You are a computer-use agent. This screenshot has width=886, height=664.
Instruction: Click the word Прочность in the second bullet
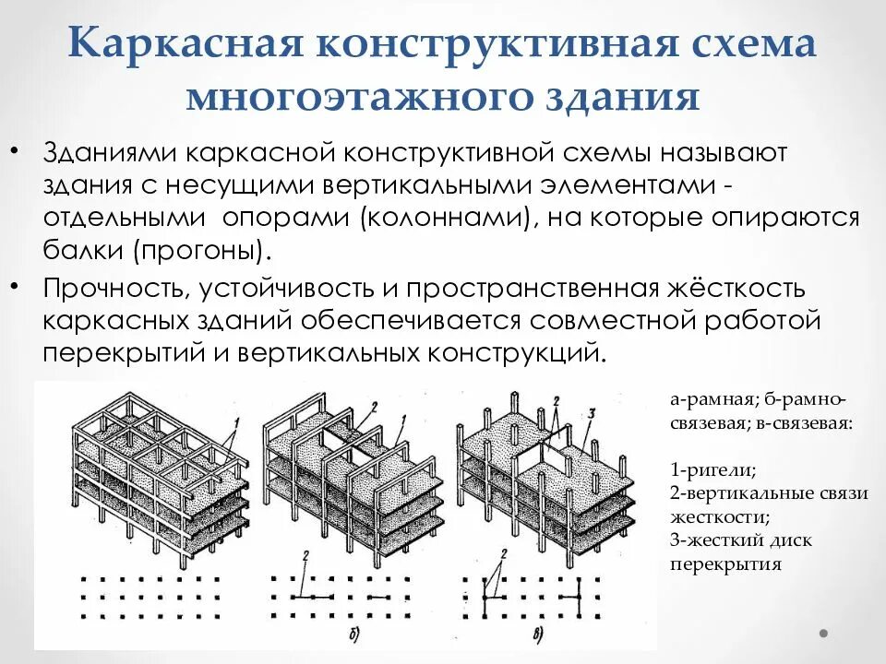click(x=115, y=289)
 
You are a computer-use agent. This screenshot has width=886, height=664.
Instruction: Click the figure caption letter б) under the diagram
click(x=354, y=633)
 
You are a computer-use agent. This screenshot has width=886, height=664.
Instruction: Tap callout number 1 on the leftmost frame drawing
click(x=237, y=423)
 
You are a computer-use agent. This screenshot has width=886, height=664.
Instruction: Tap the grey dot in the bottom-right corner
click(x=824, y=634)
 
